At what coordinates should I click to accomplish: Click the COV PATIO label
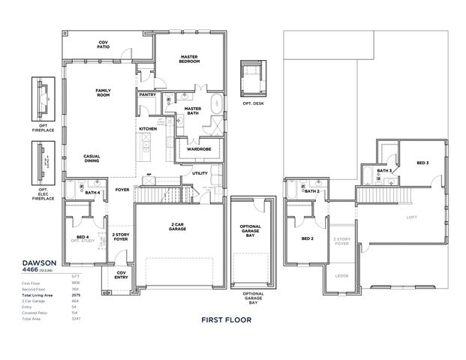pyautogui.click(x=104, y=45)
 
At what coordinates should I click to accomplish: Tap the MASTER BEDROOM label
pyautogui.click(x=189, y=58)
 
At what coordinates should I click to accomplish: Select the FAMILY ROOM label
pyautogui.click(x=103, y=93)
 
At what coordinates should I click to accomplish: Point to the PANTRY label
pyautogui.click(x=147, y=95)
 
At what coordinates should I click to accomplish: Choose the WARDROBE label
pyautogui.click(x=198, y=148)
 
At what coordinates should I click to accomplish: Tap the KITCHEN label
pyautogui.click(x=147, y=129)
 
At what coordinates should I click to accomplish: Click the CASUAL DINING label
pyautogui.click(x=92, y=158)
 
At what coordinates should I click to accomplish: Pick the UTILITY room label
pyautogui.click(x=200, y=173)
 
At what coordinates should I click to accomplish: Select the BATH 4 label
pyautogui.click(x=92, y=193)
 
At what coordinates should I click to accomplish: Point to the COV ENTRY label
pyautogui.click(x=121, y=274)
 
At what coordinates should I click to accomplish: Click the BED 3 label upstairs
pyautogui.click(x=422, y=163)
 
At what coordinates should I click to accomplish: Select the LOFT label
pyautogui.click(x=410, y=217)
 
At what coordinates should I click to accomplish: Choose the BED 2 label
pyautogui.click(x=306, y=238)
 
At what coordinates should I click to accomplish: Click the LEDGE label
pyautogui.click(x=341, y=275)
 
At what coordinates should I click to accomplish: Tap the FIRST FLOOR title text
pyautogui.click(x=226, y=319)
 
